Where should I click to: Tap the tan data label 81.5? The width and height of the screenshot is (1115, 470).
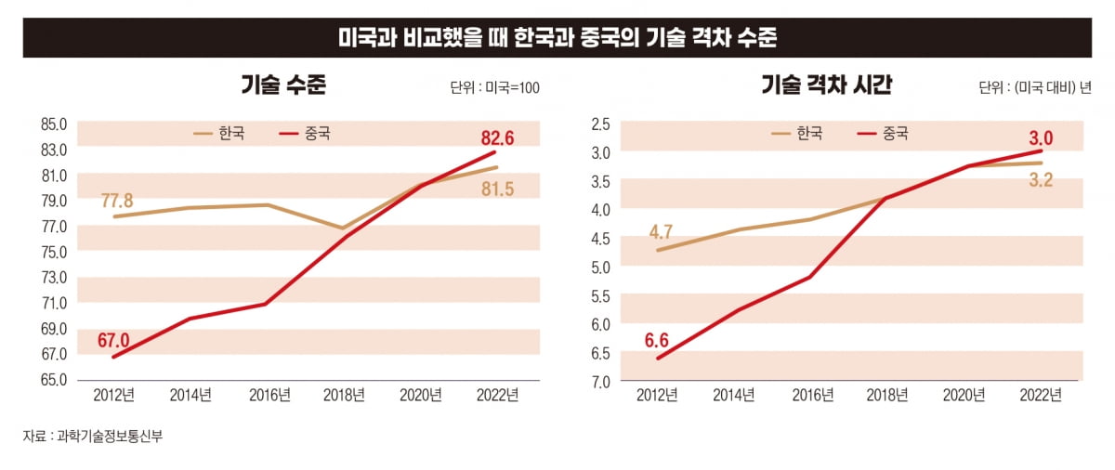pyautogui.click(x=497, y=189)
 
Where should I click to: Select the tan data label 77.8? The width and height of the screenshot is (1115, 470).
pyautogui.click(x=117, y=201)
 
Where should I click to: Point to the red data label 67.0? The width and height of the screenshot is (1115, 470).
pyautogui.click(x=113, y=340)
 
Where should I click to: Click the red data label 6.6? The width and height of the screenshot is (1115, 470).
pyautogui.click(x=657, y=340)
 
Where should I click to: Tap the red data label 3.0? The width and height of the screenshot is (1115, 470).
pyautogui.click(x=1040, y=138)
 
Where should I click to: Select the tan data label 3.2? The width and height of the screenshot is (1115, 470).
pyautogui.click(x=1040, y=180)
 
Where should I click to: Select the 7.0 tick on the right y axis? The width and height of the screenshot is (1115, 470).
pyautogui.click(x=600, y=382)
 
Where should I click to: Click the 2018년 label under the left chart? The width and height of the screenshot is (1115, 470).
pyautogui.click(x=344, y=395)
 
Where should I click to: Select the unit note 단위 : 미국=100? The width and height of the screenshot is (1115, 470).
pyautogui.click(x=494, y=88)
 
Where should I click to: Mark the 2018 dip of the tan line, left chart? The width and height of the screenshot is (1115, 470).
pyautogui.click(x=342, y=228)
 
